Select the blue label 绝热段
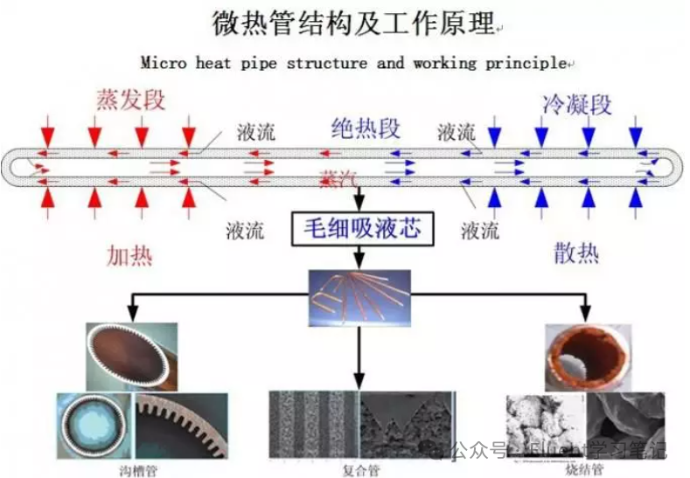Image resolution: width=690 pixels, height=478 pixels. (366, 128)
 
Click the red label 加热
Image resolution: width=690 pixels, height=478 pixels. (129, 255)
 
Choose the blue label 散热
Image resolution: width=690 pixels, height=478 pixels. (576, 253)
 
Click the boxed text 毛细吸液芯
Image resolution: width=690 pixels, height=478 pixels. (361, 229)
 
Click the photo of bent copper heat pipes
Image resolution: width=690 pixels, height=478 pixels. (359, 294)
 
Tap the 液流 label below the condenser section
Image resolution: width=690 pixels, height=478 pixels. (479, 231)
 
